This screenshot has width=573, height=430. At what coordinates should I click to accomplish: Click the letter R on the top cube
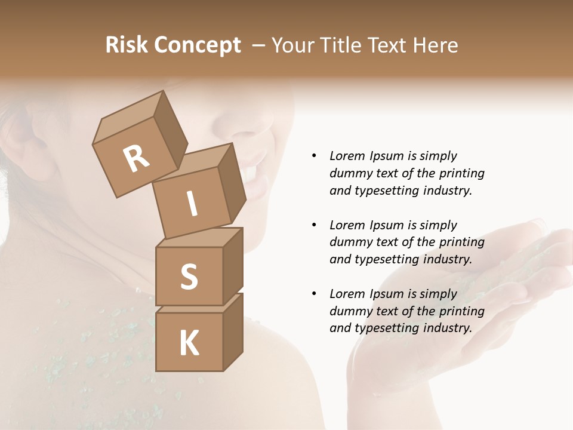click(137, 158)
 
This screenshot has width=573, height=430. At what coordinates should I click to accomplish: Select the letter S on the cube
click(189, 277)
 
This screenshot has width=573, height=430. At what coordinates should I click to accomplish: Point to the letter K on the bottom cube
click(189, 344)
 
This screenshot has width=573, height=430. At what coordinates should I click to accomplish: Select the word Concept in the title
click(196, 45)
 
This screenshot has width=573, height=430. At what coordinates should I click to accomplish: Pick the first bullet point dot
click(314, 156)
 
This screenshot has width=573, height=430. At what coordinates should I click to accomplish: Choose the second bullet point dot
click(314, 225)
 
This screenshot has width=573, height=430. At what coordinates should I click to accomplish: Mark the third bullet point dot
click(314, 294)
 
